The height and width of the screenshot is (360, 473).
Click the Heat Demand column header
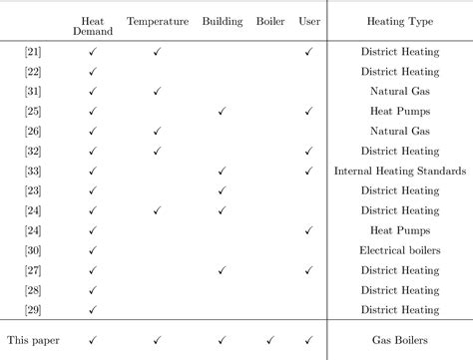tap(92, 25)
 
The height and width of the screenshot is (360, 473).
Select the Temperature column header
tap(158, 19)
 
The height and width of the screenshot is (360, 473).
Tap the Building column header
tap(222, 19)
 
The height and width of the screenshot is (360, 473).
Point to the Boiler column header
tap(270, 19)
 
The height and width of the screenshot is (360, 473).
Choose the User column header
tap(309, 19)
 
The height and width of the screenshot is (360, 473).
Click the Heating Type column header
tap(399, 19)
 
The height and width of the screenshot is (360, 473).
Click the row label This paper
tap(34, 340)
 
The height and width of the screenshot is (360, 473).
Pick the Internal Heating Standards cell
tap(399, 171)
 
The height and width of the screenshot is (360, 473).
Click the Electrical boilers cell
tap(399, 250)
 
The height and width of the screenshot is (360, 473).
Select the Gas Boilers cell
tap(399, 340)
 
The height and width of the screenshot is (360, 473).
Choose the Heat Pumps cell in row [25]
tap(399, 111)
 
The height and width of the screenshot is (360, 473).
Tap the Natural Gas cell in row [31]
tap(399, 91)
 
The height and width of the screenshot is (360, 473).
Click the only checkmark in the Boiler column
tap(270, 340)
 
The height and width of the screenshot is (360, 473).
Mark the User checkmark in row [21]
tap(309, 51)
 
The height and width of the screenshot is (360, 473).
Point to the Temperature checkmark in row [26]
tap(158, 131)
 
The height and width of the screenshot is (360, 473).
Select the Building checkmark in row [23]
tap(222, 190)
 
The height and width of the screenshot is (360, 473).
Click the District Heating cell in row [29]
tap(399, 310)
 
